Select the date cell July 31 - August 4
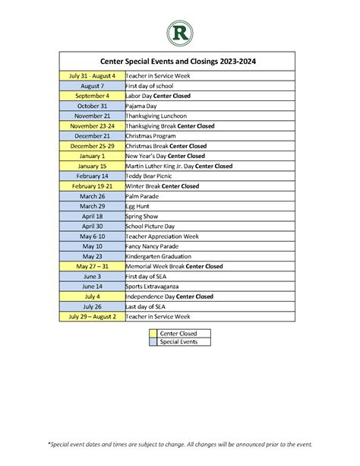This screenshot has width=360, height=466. [92, 76]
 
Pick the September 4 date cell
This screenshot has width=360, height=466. [92, 97]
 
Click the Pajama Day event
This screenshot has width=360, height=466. [141, 106]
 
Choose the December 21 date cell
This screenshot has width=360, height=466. [92, 136]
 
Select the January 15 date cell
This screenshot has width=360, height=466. [92, 166]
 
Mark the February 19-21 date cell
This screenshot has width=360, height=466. [92, 186]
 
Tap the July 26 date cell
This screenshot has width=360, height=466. [92, 306]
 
